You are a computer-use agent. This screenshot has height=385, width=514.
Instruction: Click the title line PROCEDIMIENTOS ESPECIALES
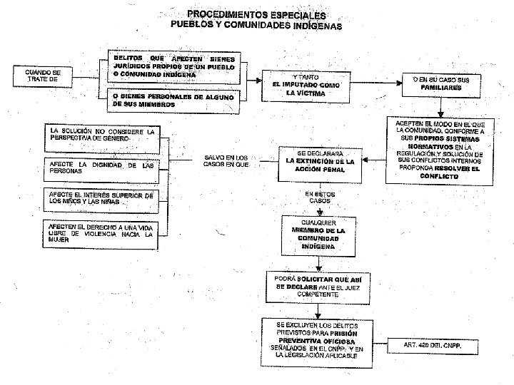256,14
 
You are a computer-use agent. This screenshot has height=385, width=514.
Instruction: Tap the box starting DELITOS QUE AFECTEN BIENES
174,65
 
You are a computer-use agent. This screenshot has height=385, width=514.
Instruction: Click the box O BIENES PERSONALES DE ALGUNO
174,100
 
